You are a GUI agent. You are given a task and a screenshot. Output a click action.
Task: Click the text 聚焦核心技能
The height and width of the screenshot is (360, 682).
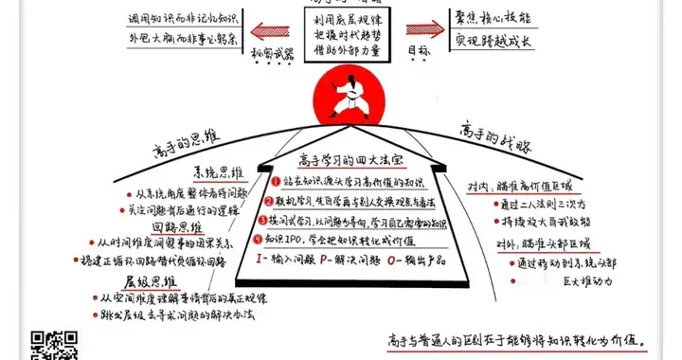[498, 21]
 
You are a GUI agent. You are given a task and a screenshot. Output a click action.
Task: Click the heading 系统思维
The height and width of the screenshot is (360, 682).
[209, 173]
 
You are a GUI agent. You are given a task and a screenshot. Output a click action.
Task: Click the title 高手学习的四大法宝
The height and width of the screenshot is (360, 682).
[342, 159]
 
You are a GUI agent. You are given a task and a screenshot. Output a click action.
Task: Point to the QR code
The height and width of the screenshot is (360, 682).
[55, 344]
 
